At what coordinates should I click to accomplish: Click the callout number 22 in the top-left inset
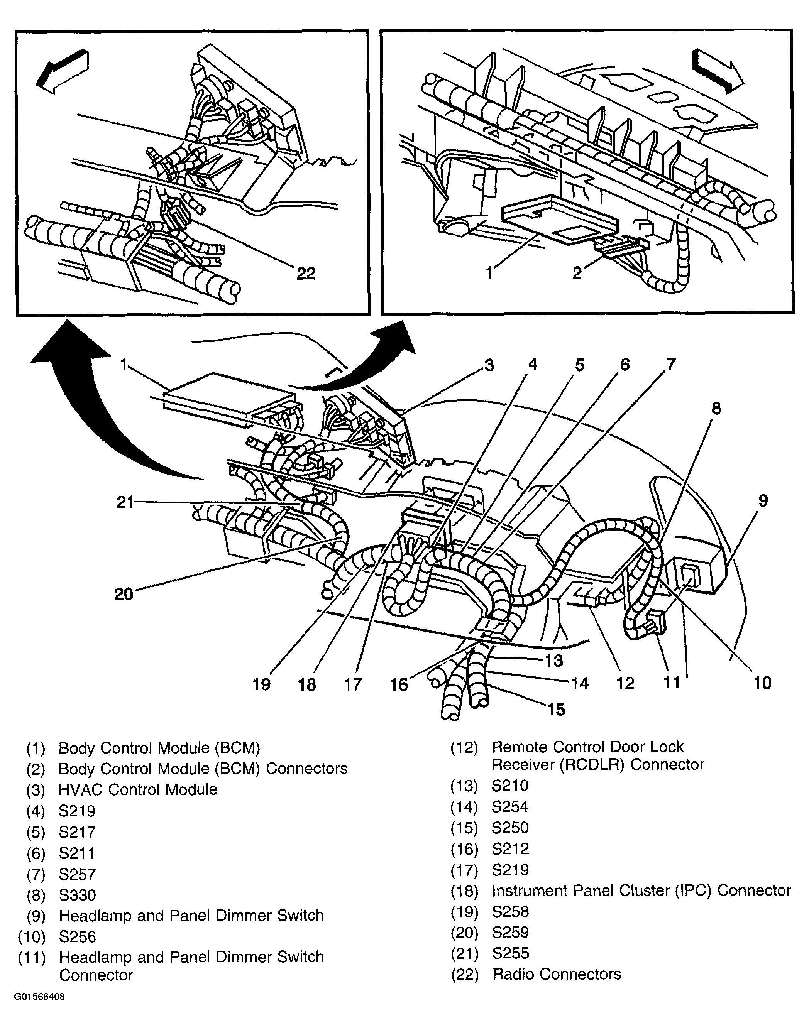(x=306, y=273)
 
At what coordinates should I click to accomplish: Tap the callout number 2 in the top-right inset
(x=576, y=273)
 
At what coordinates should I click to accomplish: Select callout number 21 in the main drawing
(x=125, y=502)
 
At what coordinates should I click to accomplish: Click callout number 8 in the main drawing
(x=716, y=408)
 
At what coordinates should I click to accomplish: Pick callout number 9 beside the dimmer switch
(x=763, y=500)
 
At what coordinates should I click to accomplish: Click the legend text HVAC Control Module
(x=138, y=789)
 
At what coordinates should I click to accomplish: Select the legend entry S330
(x=77, y=895)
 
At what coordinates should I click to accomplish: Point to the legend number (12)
(x=464, y=748)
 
